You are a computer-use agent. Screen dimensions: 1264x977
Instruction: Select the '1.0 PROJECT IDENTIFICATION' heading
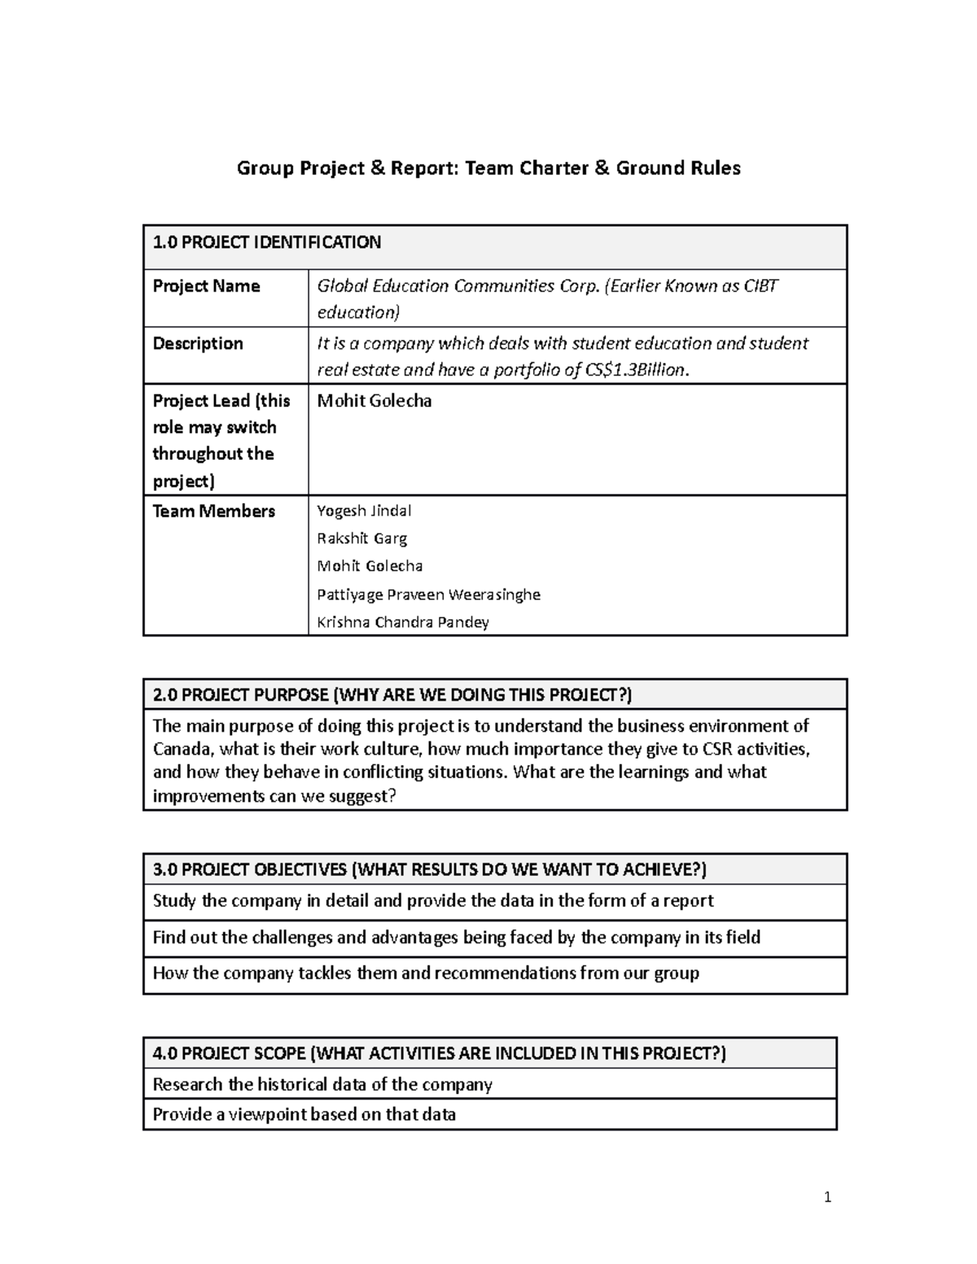coord(267,243)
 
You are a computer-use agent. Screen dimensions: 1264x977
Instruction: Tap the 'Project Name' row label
coord(206,286)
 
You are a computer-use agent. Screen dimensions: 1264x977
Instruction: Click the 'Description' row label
coord(198,343)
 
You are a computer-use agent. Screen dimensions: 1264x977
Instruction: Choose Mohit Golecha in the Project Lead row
coord(374,401)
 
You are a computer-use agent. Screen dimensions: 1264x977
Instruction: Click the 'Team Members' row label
coord(213,511)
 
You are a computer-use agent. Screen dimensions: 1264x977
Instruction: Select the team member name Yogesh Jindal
coord(363,511)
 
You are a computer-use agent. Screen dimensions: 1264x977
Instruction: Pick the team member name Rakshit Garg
coord(361,539)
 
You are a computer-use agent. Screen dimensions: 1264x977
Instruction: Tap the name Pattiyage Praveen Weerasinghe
coord(428,595)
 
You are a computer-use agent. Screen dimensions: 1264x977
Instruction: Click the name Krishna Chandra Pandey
coord(402,623)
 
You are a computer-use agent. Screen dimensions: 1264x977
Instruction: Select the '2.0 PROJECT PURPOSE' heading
coord(392,695)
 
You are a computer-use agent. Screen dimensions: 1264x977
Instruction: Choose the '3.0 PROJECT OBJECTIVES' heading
coord(429,870)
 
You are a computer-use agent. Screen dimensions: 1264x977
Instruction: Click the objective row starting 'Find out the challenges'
coord(456,938)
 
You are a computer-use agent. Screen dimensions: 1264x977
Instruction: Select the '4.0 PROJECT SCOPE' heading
coord(439,1054)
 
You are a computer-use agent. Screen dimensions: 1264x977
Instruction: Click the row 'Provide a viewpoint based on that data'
coord(304,1115)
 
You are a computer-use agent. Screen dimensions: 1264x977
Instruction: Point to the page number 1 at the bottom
coord(827,1197)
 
